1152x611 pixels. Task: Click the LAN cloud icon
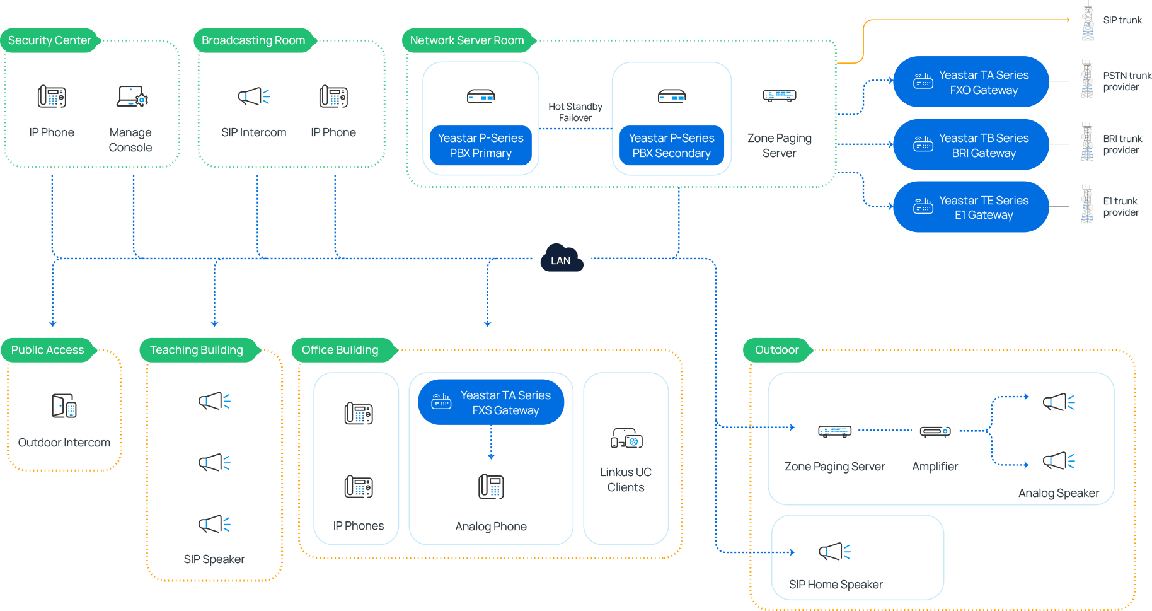pyautogui.click(x=561, y=259)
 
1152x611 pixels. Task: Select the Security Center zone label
pyautogui.click(x=50, y=40)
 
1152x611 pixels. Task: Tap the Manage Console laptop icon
pyautogui.click(x=130, y=96)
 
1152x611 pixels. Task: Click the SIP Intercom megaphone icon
pyautogui.click(x=253, y=96)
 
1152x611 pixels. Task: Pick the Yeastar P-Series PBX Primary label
pyautogui.click(x=480, y=146)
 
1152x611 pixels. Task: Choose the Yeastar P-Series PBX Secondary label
pyautogui.click(x=671, y=146)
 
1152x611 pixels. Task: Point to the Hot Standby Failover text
pyautogui.click(x=575, y=112)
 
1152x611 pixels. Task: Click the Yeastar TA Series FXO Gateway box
pyautogui.click(x=971, y=82)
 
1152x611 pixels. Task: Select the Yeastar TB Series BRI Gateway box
pyautogui.click(x=971, y=145)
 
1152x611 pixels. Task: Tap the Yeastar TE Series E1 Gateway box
pyautogui.click(x=971, y=207)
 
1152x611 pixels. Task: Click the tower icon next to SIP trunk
pyautogui.click(x=1088, y=21)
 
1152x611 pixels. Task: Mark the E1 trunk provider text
pyautogui.click(x=1120, y=207)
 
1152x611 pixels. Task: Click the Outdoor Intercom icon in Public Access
pyautogui.click(x=64, y=406)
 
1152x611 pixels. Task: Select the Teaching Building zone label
pyautogui.click(x=196, y=350)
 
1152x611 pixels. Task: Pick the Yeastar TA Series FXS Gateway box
pyautogui.click(x=492, y=402)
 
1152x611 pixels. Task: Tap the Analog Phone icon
pyautogui.click(x=491, y=486)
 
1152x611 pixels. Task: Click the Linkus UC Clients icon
pyautogui.click(x=626, y=438)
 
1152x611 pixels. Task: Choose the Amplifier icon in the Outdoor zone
pyautogui.click(x=935, y=431)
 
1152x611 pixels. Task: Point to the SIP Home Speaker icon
pyautogui.click(x=834, y=551)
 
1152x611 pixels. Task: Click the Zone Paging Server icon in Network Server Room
pyautogui.click(x=779, y=96)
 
